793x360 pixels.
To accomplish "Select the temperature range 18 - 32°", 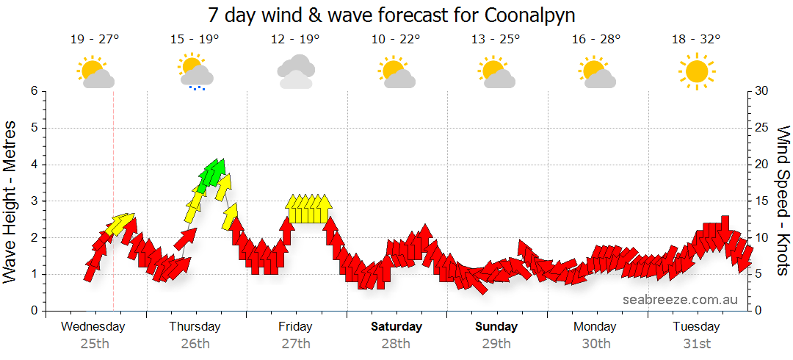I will (x=696, y=40).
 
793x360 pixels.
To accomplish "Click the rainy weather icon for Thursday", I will (x=195, y=72).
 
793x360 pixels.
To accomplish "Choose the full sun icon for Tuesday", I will (x=696, y=71).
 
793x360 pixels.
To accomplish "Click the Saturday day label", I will (x=396, y=327).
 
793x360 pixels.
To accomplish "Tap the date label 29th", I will (x=496, y=343).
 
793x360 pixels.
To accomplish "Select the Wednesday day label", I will (x=93, y=327).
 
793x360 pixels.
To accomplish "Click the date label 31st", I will (x=697, y=343).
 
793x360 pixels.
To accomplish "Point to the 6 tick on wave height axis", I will (x=34, y=91).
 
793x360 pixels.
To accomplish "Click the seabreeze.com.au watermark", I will (x=680, y=299).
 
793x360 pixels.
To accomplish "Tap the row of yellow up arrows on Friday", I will (x=308, y=209).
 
